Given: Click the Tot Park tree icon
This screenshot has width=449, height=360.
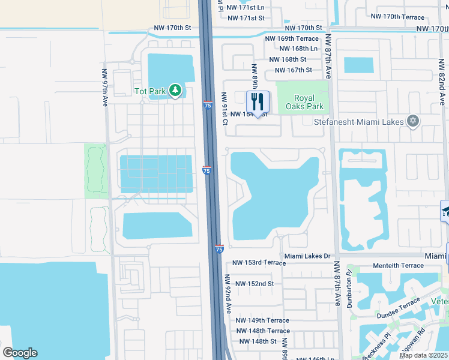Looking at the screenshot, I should [175, 90].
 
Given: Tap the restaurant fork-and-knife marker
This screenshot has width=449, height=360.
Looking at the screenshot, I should [258, 101].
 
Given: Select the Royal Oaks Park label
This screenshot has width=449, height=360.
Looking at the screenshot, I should [309, 103].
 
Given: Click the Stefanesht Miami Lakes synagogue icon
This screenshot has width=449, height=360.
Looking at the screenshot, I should [412, 121].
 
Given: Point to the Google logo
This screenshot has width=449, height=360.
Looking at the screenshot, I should [20, 353].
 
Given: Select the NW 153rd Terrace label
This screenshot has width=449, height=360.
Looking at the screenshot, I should [259, 263].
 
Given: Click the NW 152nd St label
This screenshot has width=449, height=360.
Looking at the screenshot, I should [255, 283].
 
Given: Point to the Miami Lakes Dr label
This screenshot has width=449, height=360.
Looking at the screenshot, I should [307, 256].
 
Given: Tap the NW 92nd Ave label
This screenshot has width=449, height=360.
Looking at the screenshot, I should [229, 293].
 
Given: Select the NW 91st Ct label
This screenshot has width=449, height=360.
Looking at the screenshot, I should [224, 109].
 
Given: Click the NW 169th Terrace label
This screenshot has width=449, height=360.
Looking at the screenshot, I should [293, 38].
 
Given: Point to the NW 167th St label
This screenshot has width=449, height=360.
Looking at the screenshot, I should [293, 70].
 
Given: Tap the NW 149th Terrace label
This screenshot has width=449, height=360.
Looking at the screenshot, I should [262, 320].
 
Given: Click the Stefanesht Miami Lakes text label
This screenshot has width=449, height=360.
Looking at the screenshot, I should [358, 121].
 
